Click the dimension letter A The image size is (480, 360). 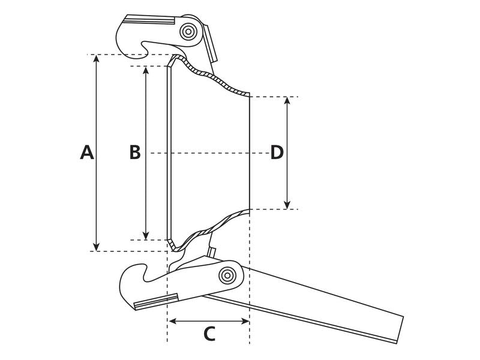pos(87,152)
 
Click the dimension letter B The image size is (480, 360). pos(135,152)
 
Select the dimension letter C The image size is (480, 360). pos(209,334)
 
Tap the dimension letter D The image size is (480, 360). pos(277,152)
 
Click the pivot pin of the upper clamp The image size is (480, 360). pos(190,31)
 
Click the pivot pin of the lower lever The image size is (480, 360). pos(227,275)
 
